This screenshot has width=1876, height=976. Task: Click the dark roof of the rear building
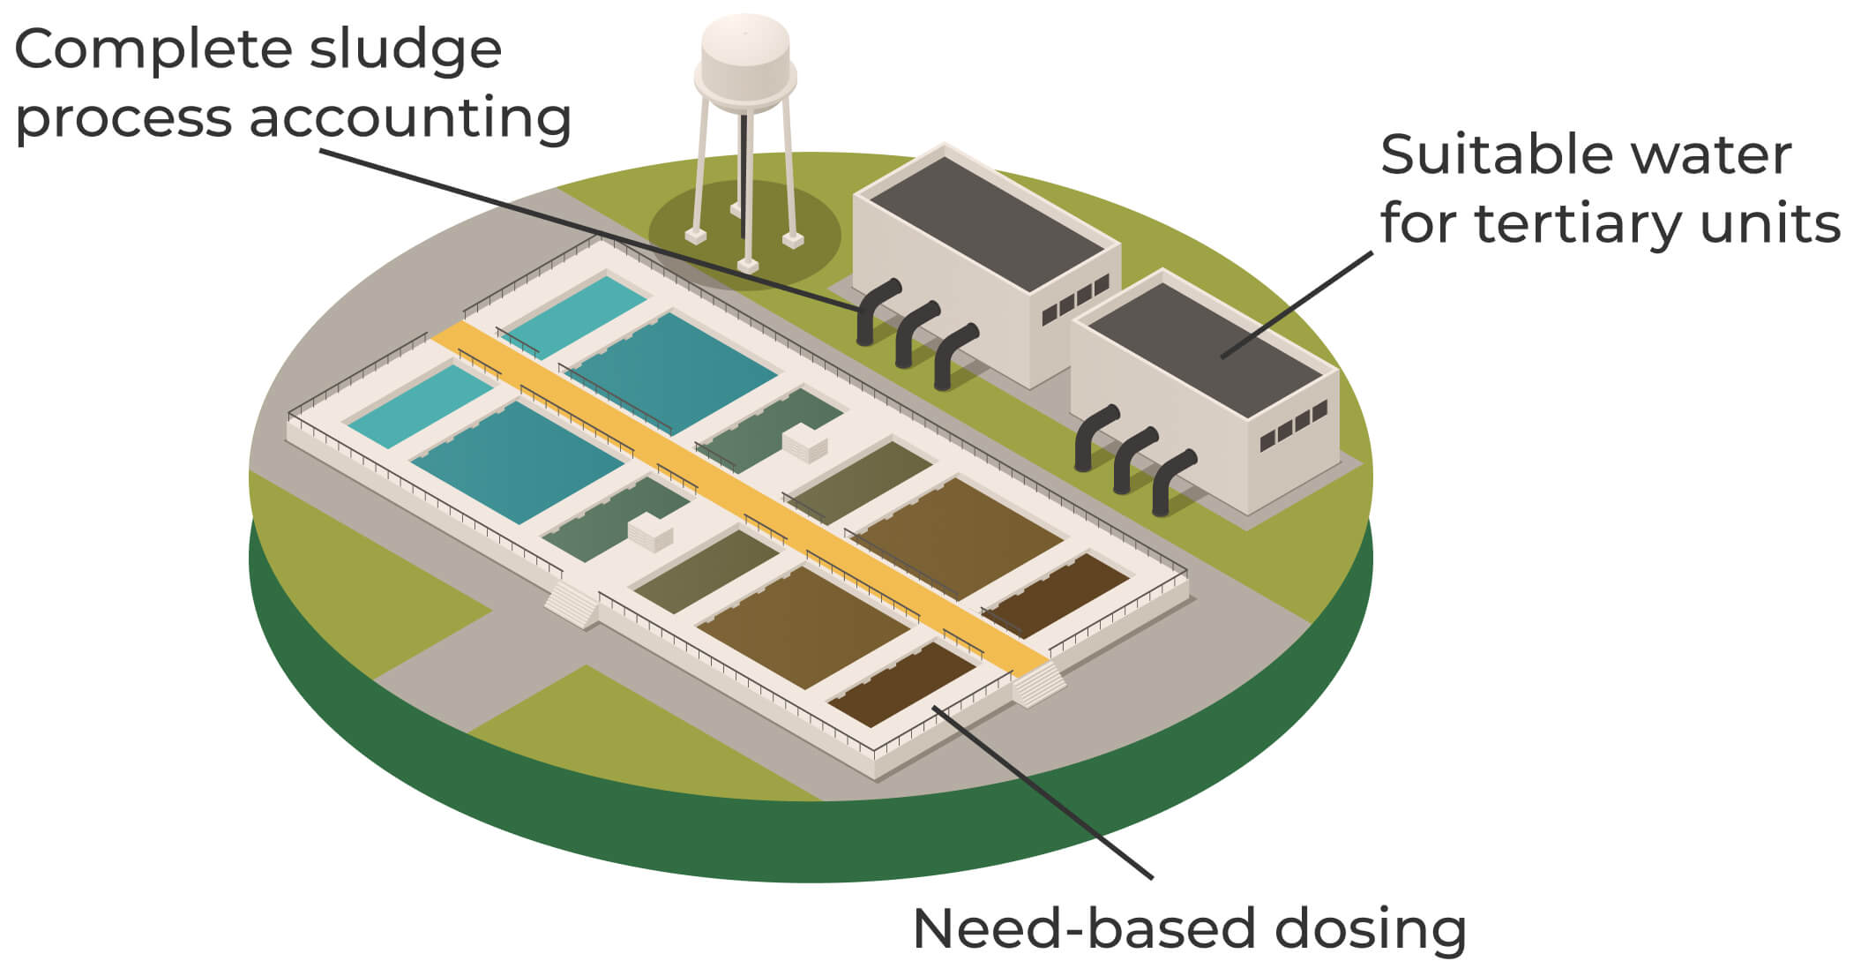click(x=988, y=221)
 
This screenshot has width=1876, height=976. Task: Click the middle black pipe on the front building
click(x=1134, y=459)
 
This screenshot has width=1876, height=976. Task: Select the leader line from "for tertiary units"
click(x=1297, y=304)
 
